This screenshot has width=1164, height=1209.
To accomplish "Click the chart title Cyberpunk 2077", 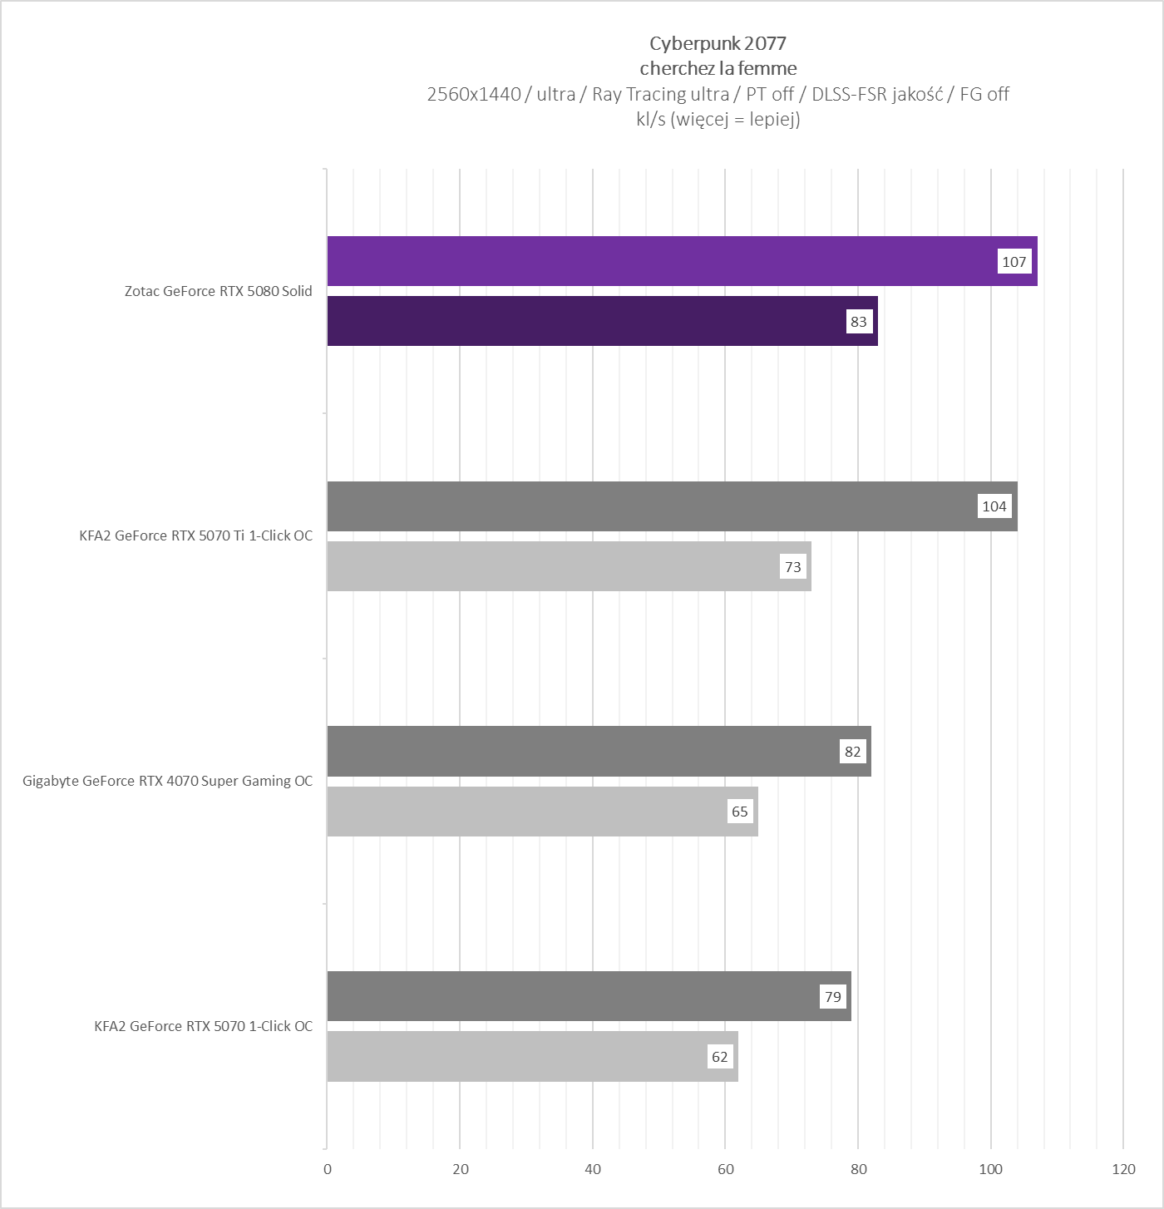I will [718, 43].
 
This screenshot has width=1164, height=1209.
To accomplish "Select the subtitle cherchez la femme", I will [718, 68].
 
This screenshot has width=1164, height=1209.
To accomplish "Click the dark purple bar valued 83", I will [582, 321].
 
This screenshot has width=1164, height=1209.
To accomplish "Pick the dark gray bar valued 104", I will [649, 506].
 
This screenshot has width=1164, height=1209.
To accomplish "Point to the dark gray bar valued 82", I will [582, 751].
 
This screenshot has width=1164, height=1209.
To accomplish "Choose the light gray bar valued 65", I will [524, 812].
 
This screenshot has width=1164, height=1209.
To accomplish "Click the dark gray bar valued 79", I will [574, 996].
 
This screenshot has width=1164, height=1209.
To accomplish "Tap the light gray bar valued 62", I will [515, 1057].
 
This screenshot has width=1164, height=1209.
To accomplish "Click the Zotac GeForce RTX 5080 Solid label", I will [218, 291].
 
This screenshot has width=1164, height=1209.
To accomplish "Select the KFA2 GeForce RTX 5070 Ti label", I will [195, 535].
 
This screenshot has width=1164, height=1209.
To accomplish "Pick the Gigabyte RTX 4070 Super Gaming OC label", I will [167, 781].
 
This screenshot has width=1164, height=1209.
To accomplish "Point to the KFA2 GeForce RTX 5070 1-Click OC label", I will [203, 1026].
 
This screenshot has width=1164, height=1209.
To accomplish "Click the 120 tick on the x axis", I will [1123, 1169].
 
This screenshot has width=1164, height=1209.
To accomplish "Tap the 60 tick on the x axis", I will [726, 1169].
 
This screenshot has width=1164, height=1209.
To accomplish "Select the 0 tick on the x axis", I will [328, 1169].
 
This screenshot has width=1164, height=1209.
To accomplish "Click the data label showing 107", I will [1014, 262].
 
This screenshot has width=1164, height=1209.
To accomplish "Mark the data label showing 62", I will [720, 1057].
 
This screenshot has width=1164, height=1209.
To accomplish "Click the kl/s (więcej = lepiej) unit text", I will [718, 119].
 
